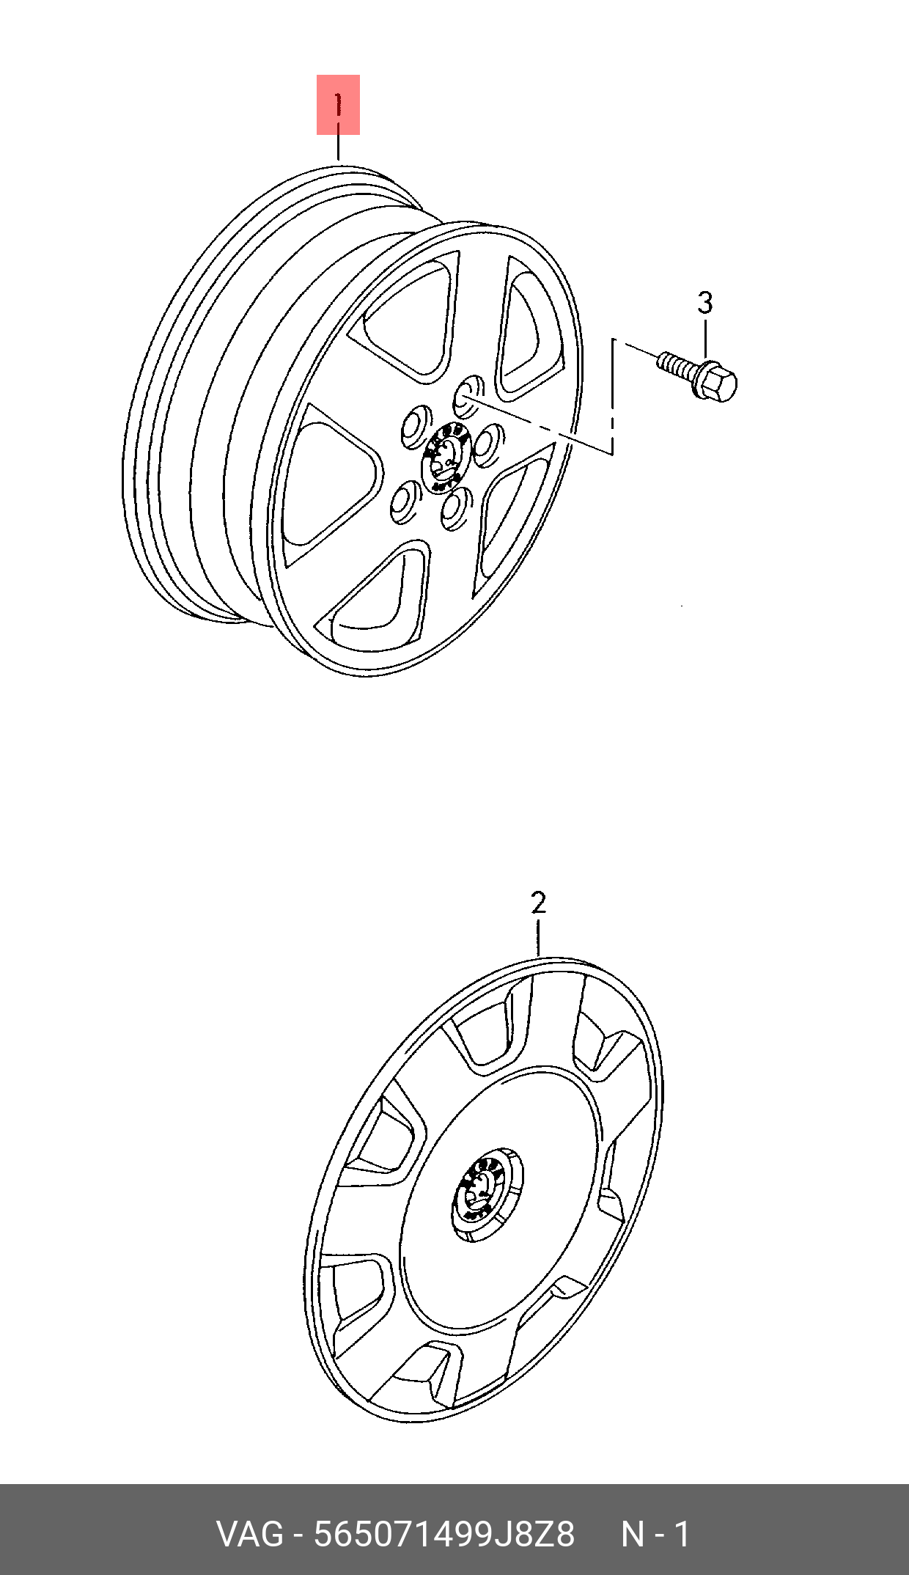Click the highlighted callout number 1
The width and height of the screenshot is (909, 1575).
tap(338, 105)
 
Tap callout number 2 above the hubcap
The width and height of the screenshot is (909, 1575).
tap(539, 903)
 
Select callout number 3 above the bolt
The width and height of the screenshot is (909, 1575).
tap(704, 302)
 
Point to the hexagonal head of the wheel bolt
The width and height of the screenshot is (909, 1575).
tap(720, 383)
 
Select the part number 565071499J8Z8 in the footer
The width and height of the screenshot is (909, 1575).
tap(444, 1535)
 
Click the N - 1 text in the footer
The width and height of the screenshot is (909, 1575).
tap(655, 1535)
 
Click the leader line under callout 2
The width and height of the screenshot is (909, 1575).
tap(539, 936)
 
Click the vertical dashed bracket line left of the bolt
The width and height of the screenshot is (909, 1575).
tap(613, 396)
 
